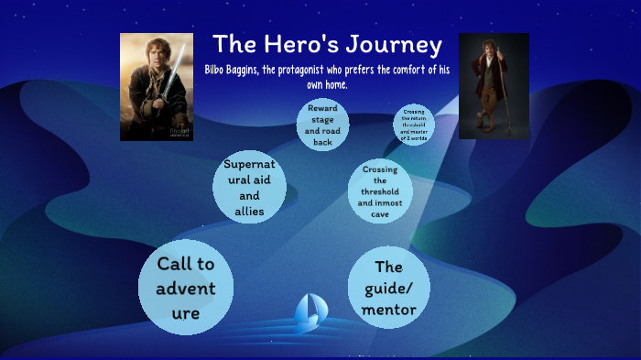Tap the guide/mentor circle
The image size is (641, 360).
click(389, 288)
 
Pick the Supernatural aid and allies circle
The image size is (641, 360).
click(249, 189)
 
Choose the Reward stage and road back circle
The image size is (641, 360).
click(322, 125)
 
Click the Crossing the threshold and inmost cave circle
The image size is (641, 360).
click(380, 192)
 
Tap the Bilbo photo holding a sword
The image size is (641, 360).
click(157, 87)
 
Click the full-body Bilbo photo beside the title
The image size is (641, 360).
click(494, 86)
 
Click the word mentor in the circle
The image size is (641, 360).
click(389, 310)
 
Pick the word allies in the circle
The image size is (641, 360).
click(249, 212)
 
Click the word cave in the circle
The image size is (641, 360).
click(380, 214)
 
